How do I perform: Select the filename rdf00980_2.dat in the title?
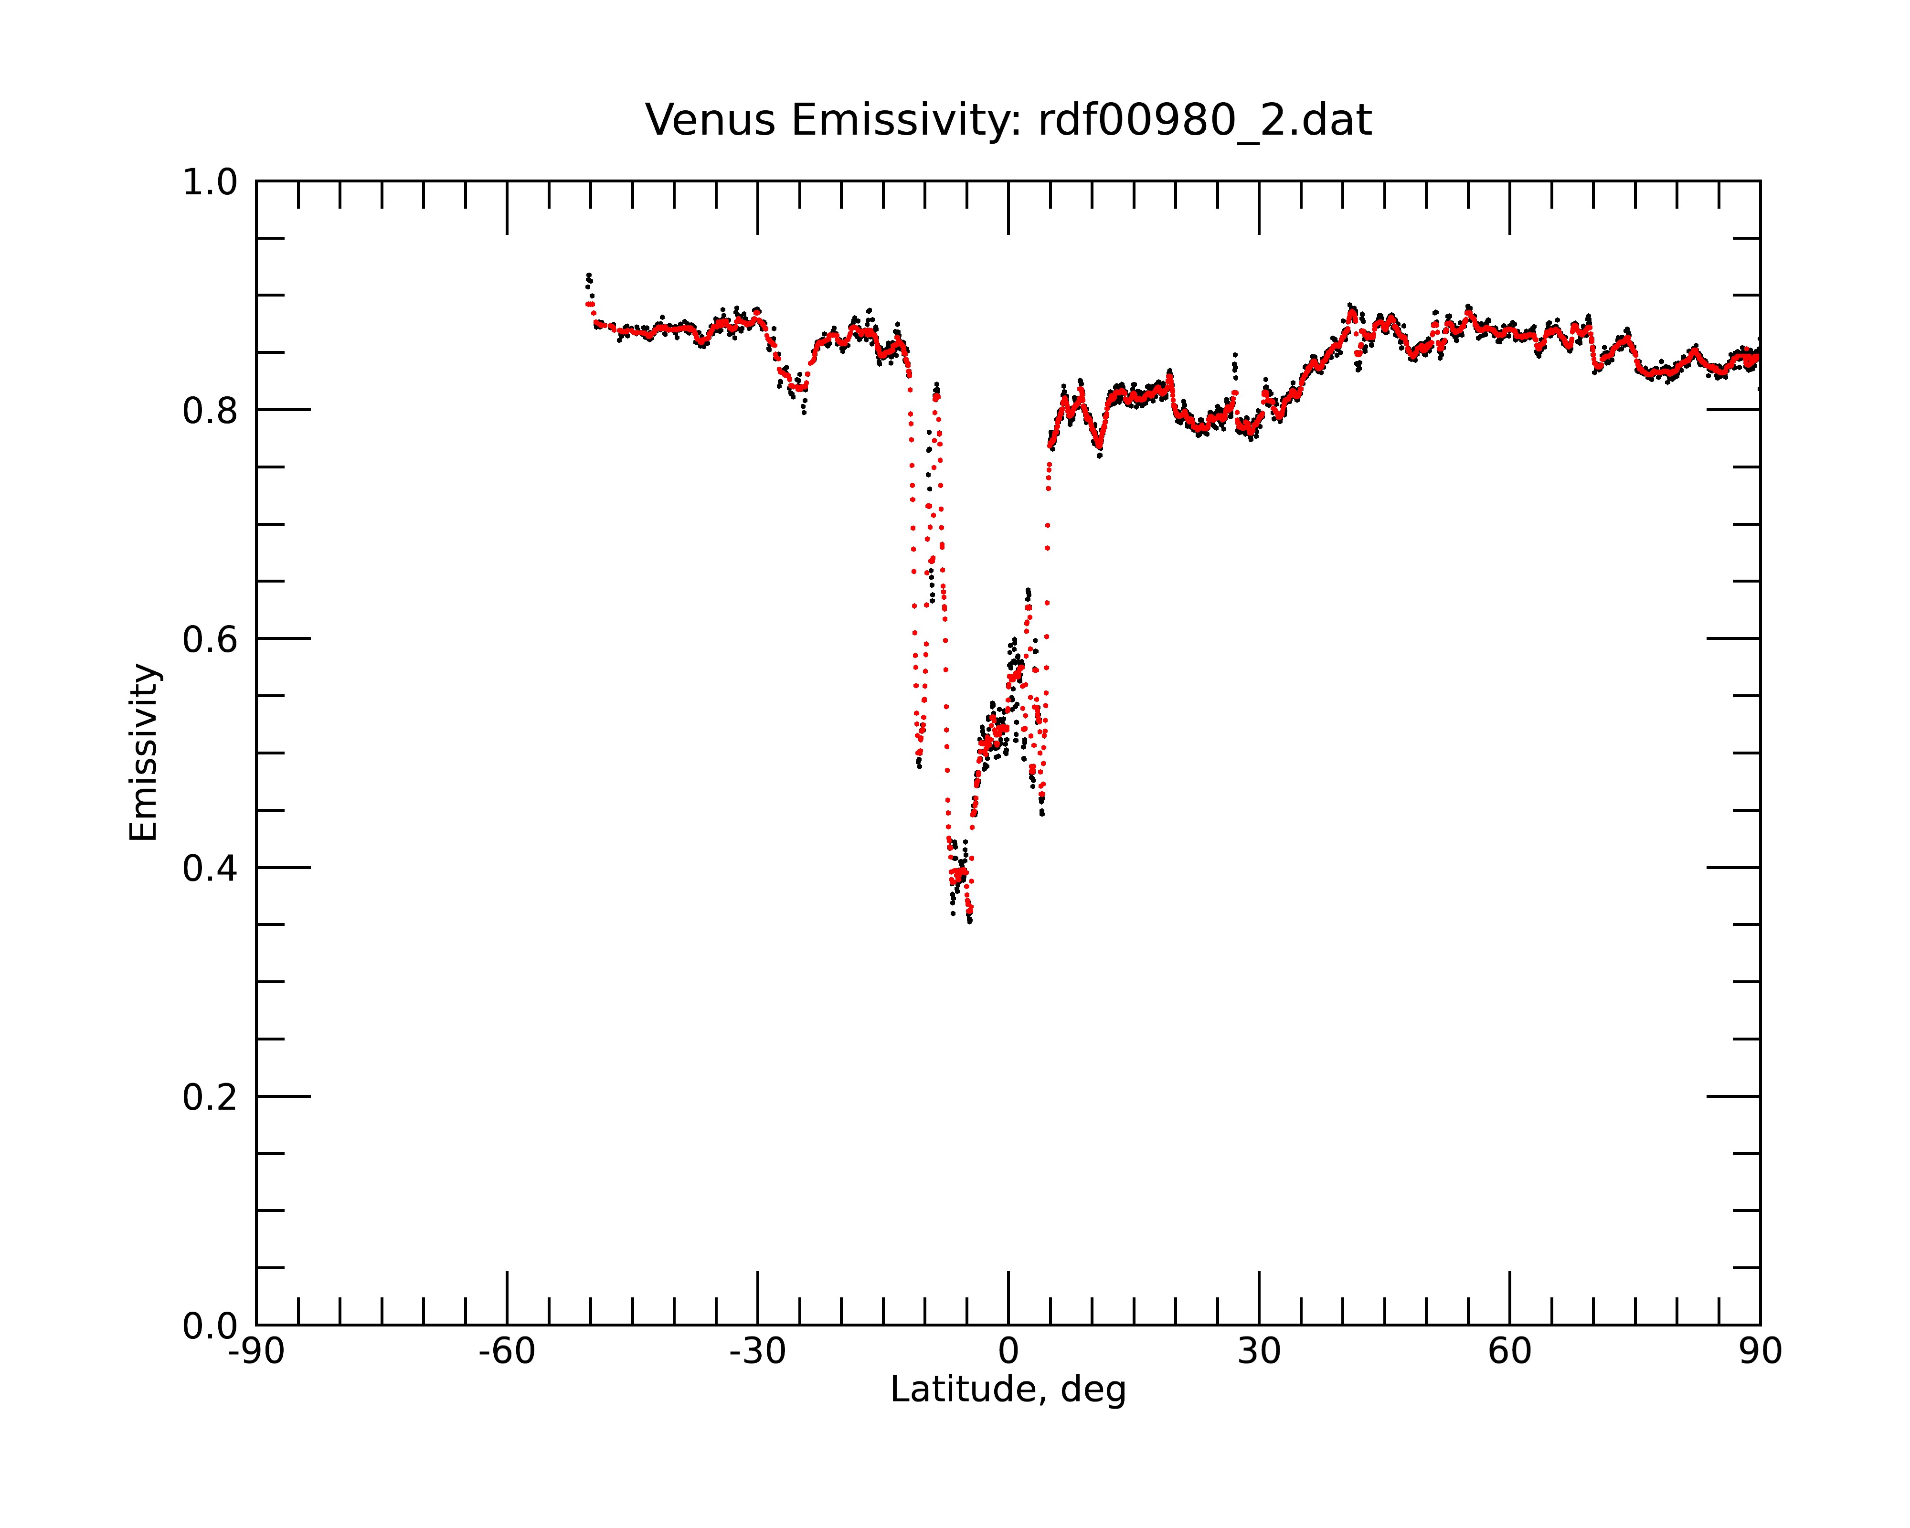point(1205,120)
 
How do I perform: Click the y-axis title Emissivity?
point(144,752)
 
